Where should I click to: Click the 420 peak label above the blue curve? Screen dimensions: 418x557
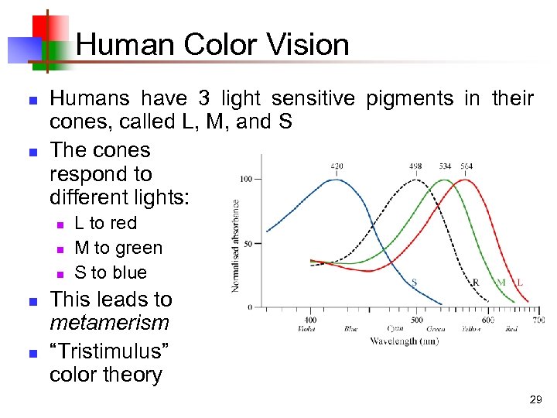337,166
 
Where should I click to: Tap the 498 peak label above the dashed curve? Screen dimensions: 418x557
416,166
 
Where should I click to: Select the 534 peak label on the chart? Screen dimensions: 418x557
446,166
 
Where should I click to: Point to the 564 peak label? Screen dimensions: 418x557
466,166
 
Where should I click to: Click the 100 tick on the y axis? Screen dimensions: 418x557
246,180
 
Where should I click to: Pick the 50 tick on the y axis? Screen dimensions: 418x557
248,244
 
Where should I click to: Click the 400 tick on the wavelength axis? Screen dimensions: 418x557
309,320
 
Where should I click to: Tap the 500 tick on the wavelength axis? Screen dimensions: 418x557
416,320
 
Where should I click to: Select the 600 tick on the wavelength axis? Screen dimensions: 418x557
488,320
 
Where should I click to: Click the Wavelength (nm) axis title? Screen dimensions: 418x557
405,341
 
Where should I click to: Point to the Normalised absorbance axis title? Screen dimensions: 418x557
235,245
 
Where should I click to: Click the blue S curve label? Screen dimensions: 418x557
414,283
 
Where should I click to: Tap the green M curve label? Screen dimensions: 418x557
501,283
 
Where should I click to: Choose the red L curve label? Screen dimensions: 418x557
520,283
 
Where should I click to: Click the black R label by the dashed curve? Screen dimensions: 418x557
475,283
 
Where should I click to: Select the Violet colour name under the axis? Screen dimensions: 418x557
307,329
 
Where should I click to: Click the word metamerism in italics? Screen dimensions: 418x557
109,323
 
